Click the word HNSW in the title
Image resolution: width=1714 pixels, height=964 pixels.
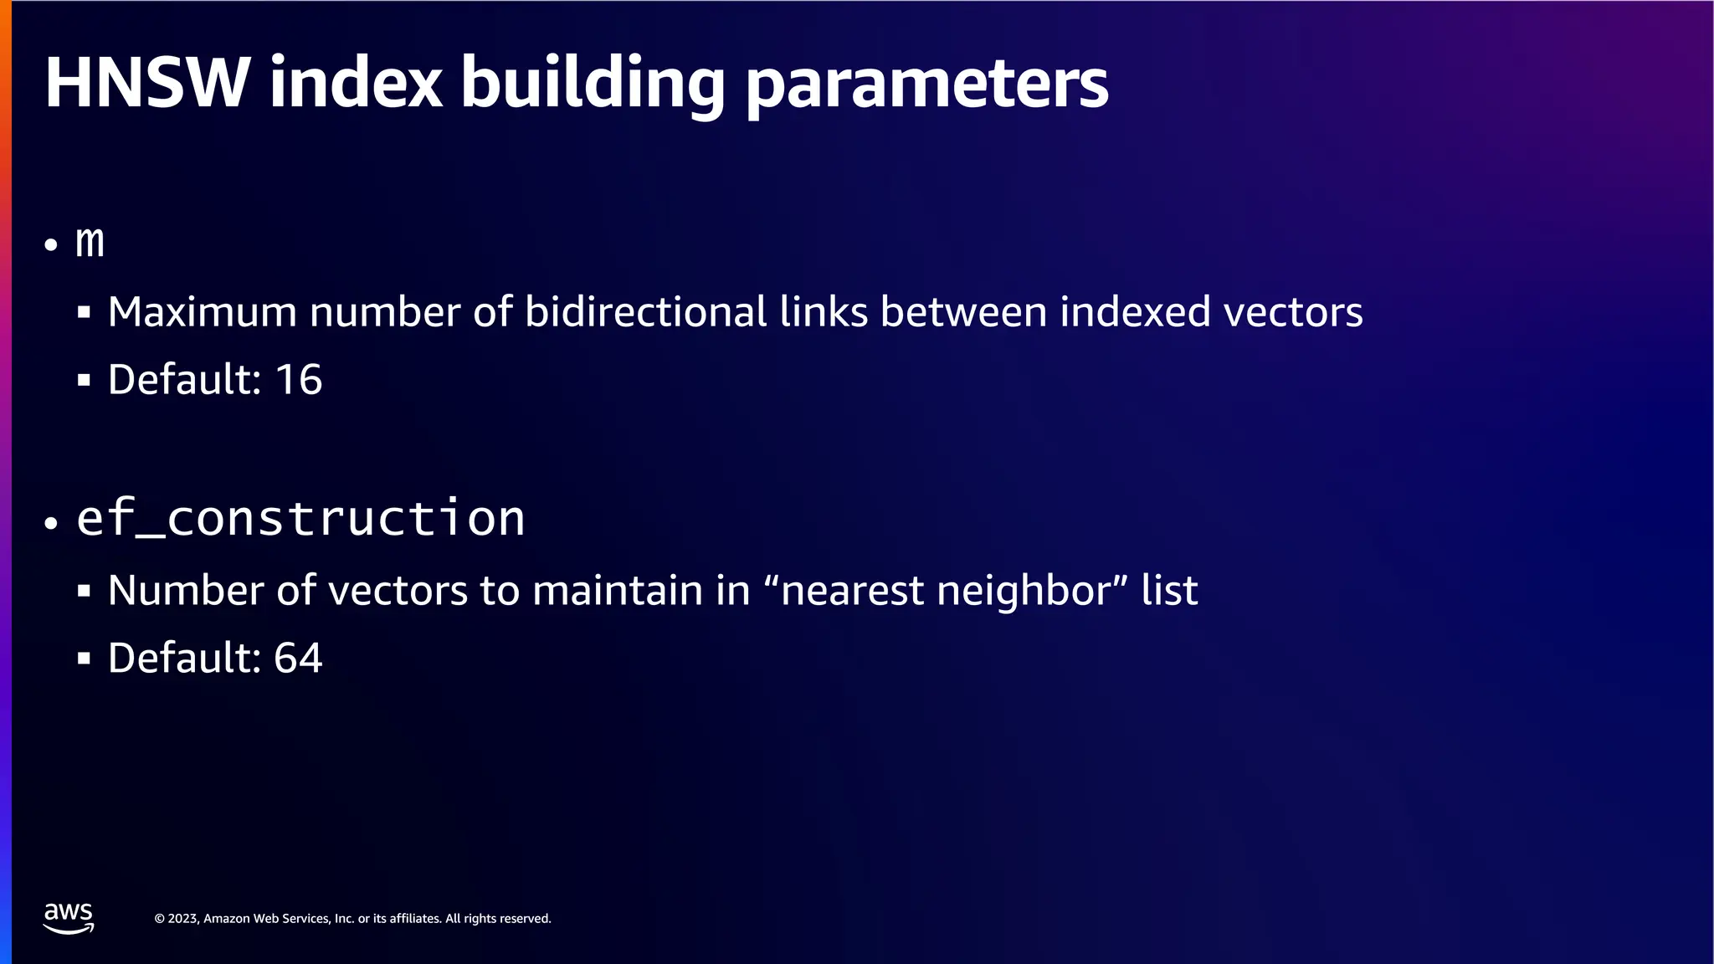click(147, 83)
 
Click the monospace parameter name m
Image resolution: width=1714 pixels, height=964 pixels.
click(90, 242)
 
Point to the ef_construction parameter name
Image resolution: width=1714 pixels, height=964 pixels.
click(300, 518)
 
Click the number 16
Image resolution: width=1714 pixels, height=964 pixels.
click(299, 380)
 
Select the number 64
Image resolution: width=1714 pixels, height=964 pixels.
click(299, 658)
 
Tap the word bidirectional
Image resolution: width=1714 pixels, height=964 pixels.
click(645, 312)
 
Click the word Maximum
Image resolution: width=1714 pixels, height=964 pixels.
click(203, 312)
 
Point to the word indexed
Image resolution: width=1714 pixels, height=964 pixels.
click(1135, 312)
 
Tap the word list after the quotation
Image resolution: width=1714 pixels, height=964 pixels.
click(1169, 591)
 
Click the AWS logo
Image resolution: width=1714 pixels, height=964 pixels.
click(69, 918)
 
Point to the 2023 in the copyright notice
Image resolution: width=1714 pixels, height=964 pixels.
click(182, 919)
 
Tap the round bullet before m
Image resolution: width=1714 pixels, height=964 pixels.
click(52, 245)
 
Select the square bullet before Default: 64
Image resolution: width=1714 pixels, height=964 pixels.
click(84, 659)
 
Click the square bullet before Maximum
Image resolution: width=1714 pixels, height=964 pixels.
click(84, 313)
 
